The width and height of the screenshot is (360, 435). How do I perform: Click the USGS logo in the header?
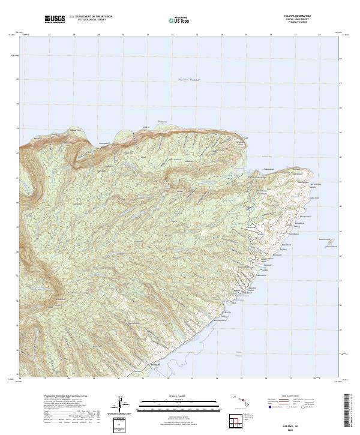pyautogui.click(x=55, y=19)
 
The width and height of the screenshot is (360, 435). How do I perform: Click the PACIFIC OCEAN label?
pyautogui.click(x=191, y=79)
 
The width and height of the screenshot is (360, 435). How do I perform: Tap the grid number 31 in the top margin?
pyautogui.click(x=148, y=35)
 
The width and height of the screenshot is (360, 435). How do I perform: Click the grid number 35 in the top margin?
pyautogui.click(x=246, y=35)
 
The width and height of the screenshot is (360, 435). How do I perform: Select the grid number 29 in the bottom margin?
pyautogui.click(x=94, y=379)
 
